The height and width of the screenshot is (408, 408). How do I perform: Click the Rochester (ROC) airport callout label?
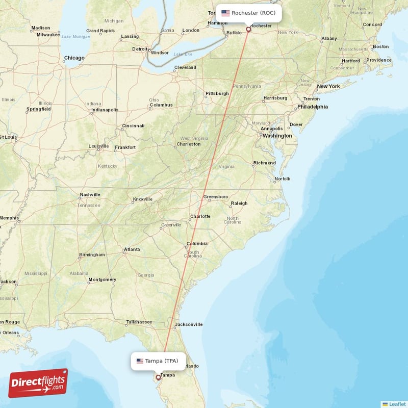point(248,13)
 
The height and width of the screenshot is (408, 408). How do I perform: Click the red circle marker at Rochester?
point(249,29)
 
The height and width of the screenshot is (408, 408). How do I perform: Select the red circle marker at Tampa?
point(158,377)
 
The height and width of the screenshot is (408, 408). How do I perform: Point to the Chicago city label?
point(74,58)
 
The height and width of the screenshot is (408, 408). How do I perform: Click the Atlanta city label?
point(132,250)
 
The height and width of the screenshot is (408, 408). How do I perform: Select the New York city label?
point(328,86)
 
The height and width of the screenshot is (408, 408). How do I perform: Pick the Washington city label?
point(277,136)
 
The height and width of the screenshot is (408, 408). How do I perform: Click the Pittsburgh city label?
point(217,94)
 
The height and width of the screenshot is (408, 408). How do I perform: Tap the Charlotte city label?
point(200,216)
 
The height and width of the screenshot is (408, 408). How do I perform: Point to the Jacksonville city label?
point(188,324)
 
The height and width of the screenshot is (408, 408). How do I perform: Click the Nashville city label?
point(90,195)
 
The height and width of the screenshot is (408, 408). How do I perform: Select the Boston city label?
point(380,46)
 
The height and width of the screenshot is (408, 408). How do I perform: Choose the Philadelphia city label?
point(313,107)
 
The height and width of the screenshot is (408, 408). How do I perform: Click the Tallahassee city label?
point(139,322)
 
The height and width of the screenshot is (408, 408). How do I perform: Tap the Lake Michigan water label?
point(75,37)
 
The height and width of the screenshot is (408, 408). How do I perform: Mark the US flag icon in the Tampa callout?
point(140,361)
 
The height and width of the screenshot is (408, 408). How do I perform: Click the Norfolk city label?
point(282,179)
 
